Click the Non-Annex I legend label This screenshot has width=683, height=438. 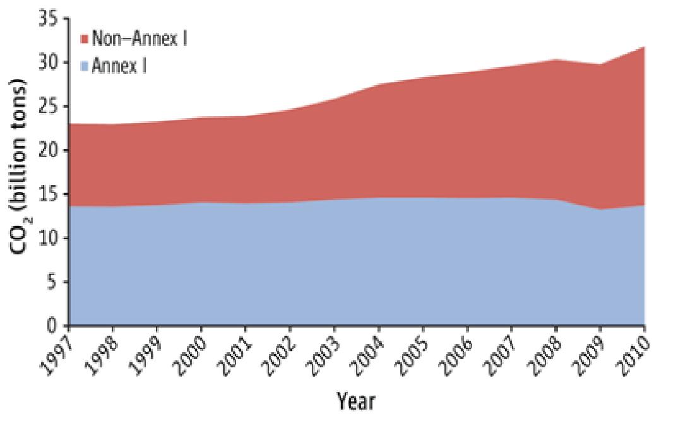[139, 38]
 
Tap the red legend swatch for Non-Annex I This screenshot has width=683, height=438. [85, 39]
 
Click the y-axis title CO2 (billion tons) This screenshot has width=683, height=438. [23, 167]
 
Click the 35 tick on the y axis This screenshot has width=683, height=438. [49, 19]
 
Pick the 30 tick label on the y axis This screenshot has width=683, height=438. [49, 62]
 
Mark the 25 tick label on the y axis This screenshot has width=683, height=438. [49, 107]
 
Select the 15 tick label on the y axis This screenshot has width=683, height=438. [49, 194]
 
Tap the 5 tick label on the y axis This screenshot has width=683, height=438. [54, 282]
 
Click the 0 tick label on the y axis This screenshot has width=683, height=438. [54, 326]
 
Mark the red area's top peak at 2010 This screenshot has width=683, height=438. [644, 47]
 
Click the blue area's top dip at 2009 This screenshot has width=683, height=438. [600, 210]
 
